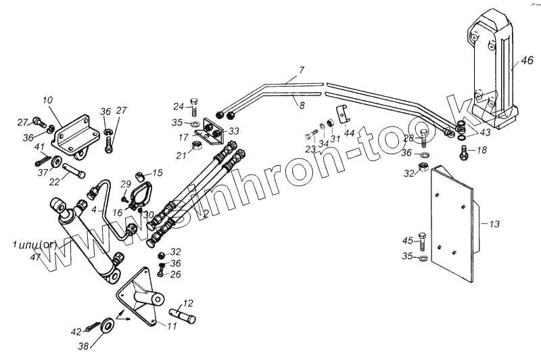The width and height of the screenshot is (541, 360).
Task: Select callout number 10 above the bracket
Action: [x=47, y=101]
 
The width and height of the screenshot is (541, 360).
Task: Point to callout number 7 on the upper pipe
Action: [x=302, y=70]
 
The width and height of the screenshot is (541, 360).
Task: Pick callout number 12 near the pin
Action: [x=189, y=302]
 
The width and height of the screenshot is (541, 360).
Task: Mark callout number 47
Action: [x=35, y=256]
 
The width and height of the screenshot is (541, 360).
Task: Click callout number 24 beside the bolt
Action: [x=178, y=106]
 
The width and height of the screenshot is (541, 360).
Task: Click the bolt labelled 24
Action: [x=195, y=108]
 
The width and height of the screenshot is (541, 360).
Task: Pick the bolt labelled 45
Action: [x=423, y=240]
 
